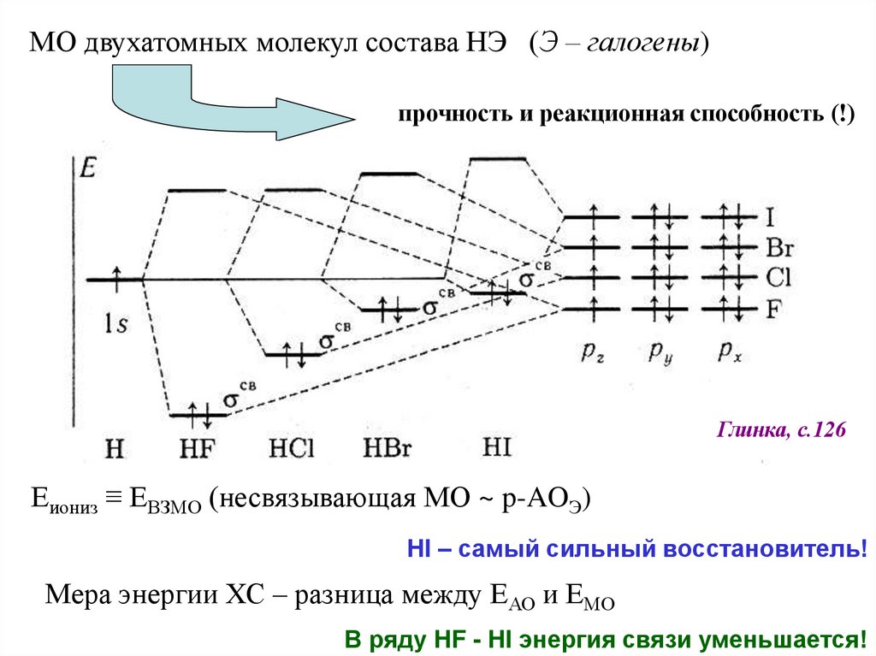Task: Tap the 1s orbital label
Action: pos(117,322)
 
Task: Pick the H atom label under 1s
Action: pos(115,446)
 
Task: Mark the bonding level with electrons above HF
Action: pos(199,414)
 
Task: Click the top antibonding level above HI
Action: pos(500,158)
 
